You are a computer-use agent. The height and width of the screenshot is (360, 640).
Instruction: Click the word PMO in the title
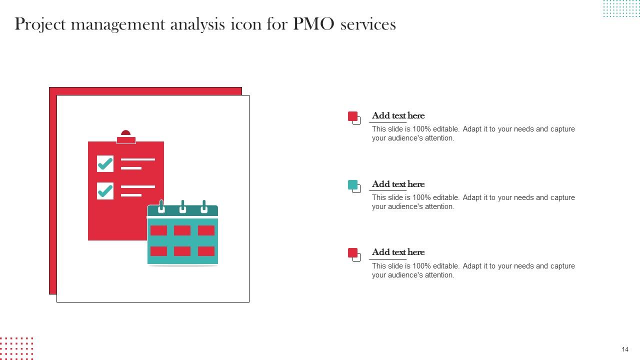click(x=313, y=24)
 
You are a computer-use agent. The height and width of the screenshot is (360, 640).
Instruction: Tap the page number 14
click(x=625, y=349)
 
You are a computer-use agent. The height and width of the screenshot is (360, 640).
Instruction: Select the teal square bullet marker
click(x=353, y=185)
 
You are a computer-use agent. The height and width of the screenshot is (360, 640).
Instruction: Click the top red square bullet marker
click(x=353, y=116)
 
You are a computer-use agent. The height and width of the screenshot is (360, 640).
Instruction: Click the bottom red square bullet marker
click(x=353, y=253)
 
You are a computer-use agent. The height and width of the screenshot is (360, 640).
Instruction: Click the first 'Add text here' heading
click(x=398, y=115)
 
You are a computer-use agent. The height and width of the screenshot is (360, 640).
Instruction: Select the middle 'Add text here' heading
click(x=398, y=184)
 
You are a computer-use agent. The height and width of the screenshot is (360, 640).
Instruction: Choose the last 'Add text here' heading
click(x=398, y=252)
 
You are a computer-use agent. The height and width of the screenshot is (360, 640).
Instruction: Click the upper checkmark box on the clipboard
click(x=105, y=163)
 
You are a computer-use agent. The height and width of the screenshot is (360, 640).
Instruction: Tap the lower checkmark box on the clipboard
click(x=105, y=190)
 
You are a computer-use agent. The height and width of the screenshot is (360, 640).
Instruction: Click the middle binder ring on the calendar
click(x=182, y=206)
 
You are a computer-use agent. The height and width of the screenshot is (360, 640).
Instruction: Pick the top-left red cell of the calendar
click(x=158, y=230)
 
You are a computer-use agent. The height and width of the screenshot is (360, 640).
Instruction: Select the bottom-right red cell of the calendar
click(x=206, y=251)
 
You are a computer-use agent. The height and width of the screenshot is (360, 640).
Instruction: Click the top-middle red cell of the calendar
click(x=182, y=230)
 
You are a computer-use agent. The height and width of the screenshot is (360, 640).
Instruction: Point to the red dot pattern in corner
click(x=16, y=348)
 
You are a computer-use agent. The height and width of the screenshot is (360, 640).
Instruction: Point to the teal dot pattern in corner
click(x=621, y=8)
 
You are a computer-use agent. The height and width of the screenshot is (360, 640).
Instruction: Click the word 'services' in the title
click(x=367, y=24)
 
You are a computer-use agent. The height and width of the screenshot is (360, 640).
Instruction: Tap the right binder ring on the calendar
click(x=203, y=206)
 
